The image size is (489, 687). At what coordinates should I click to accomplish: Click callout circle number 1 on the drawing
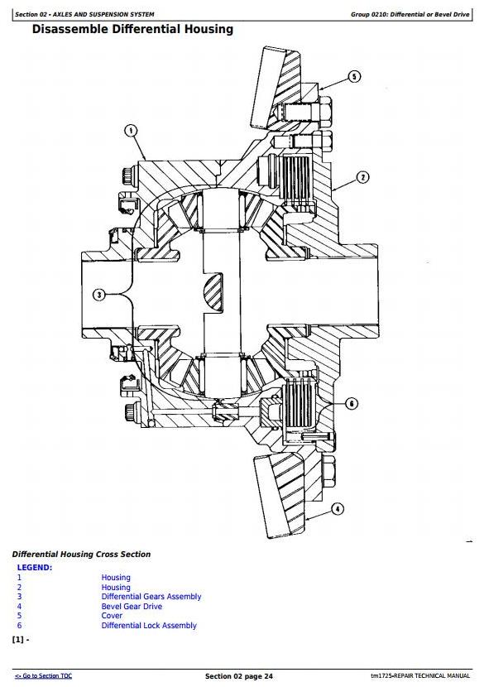pos(131,131)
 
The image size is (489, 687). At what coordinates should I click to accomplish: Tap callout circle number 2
pos(362,177)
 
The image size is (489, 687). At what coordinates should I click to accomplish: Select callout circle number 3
pos(99,295)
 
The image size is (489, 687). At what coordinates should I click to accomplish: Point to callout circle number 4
pos(337,509)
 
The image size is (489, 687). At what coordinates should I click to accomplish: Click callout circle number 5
pos(354,77)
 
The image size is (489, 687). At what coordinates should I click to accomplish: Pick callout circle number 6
pos(352,403)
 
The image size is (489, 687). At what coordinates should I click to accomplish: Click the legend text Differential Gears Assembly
pos(151,597)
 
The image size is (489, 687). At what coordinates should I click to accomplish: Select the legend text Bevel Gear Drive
pos(132,607)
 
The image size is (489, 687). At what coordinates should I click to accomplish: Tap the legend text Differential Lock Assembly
pos(149,626)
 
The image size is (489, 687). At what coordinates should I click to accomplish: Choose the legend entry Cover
pos(112,616)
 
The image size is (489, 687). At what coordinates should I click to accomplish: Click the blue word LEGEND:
pos(35,568)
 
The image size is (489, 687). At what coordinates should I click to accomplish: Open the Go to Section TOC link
pos(43,676)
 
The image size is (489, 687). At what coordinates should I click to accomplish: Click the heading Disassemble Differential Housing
pos(132,30)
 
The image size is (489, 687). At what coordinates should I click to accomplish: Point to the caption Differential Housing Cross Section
pos(81,555)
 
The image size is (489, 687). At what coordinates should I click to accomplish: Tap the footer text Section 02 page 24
pos(239,676)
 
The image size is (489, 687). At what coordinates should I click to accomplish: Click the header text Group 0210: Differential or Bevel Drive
pos(410,14)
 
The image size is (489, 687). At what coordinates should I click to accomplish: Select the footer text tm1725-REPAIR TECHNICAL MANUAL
pos(420,676)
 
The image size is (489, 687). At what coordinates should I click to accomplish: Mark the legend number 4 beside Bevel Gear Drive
pos(19,607)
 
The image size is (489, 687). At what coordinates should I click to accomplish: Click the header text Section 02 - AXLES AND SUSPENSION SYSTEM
pos(84,14)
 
